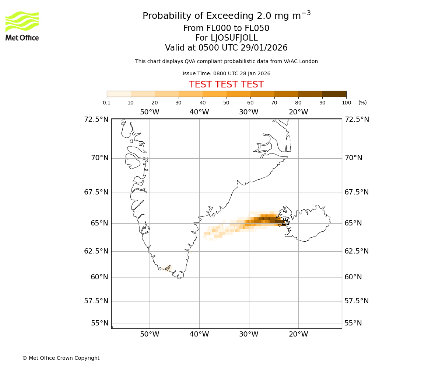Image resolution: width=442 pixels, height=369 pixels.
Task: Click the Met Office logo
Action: (22, 26)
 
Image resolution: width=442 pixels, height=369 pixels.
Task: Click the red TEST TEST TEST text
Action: (226, 85)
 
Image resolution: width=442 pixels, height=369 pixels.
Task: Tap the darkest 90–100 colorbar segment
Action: (334, 94)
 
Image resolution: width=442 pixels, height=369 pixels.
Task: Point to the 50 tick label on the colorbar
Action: (226, 103)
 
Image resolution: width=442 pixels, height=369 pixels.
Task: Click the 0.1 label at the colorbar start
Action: (107, 103)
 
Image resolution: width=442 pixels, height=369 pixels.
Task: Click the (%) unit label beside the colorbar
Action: (362, 103)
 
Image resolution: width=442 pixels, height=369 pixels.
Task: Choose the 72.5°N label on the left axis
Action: (97, 119)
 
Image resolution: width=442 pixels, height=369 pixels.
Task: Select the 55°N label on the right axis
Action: (353, 323)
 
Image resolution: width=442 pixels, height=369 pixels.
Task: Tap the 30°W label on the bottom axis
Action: (249, 334)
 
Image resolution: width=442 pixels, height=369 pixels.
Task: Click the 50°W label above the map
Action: (150, 112)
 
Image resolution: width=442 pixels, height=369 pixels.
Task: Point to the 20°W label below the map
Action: (298, 334)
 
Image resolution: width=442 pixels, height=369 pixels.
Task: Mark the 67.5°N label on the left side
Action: (97, 192)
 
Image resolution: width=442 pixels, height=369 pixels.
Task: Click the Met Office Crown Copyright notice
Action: (61, 358)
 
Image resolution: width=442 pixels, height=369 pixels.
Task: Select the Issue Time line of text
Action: (226, 73)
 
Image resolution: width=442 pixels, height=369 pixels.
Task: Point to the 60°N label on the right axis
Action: (353, 277)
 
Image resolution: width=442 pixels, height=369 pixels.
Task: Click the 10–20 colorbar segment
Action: (143, 94)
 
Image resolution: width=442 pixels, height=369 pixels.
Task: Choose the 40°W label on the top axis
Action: (199, 112)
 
